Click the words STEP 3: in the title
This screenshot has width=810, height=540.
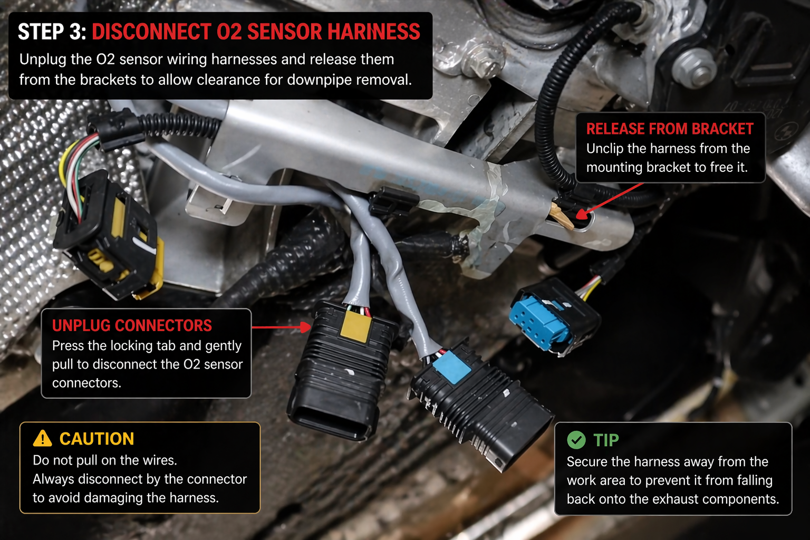click(x=52, y=32)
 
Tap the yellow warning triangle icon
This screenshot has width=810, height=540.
click(x=43, y=438)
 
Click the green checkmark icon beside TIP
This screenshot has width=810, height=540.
click(x=576, y=439)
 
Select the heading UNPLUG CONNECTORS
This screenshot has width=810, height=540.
click(x=132, y=325)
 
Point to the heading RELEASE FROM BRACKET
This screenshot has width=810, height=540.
click(x=669, y=129)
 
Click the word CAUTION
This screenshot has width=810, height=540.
click(x=97, y=439)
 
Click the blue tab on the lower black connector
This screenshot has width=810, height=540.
click(x=451, y=367)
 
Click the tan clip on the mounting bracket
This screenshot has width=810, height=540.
click(x=562, y=215)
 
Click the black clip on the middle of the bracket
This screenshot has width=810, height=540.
click(x=393, y=201)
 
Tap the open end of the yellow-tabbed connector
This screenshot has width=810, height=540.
click(x=331, y=419)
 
